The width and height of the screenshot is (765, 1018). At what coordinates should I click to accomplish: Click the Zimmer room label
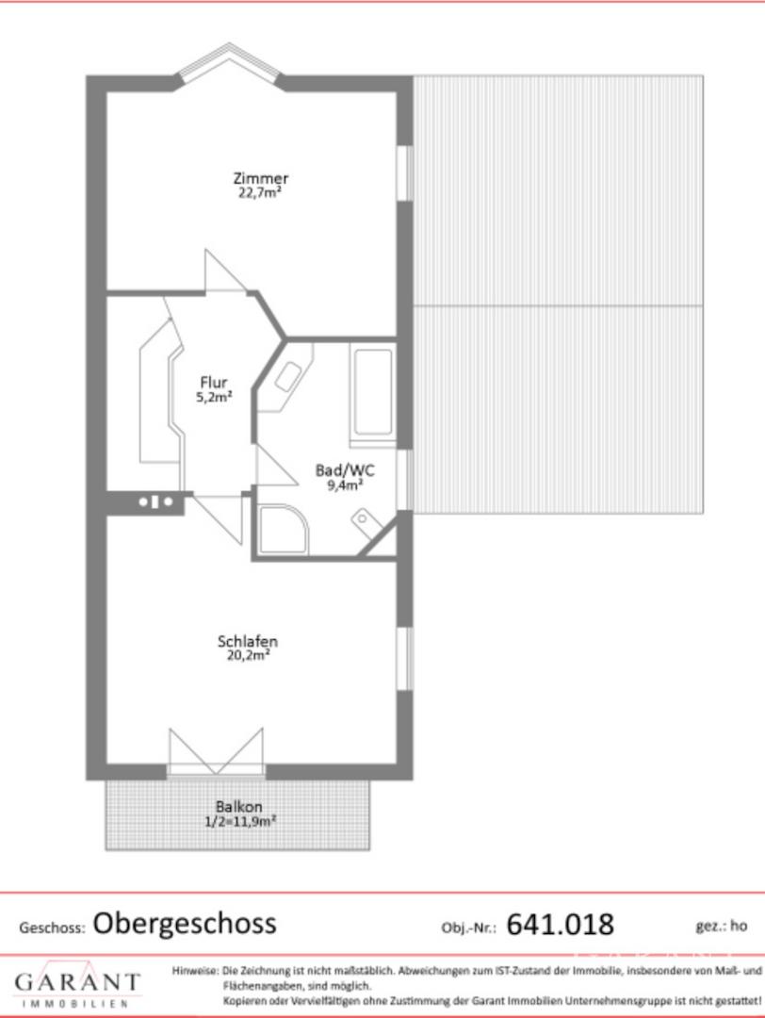pyautogui.click(x=260, y=177)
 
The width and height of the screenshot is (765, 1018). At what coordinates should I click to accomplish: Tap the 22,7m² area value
pyautogui.click(x=259, y=193)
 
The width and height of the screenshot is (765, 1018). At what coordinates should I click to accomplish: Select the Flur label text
pyautogui.click(x=214, y=382)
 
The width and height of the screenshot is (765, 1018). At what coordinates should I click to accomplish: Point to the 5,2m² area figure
pyautogui.click(x=214, y=397)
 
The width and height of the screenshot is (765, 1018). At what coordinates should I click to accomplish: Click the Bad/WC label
pyautogui.click(x=345, y=470)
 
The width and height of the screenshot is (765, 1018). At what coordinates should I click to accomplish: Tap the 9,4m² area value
pyautogui.click(x=345, y=485)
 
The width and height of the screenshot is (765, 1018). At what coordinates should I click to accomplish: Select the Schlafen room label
pyautogui.click(x=247, y=641)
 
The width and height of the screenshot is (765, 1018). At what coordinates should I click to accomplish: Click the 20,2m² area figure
pyautogui.click(x=248, y=655)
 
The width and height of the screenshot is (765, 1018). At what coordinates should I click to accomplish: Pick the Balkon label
pyautogui.click(x=238, y=806)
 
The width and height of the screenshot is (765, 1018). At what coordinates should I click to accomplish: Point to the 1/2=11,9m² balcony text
pyautogui.click(x=241, y=821)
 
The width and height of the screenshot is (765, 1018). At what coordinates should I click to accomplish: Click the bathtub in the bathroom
pyautogui.click(x=372, y=394)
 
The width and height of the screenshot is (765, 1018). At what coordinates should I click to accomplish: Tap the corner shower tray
pyautogui.click(x=283, y=529)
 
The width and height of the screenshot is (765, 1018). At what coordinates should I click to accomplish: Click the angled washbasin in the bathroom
pyautogui.click(x=286, y=377)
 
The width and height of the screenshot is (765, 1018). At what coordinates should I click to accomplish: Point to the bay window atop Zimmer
pyautogui.click(x=229, y=64)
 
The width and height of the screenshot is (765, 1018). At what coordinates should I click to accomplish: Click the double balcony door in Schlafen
pyautogui.click(x=216, y=753)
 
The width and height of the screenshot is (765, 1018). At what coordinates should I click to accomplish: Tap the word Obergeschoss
pyautogui.click(x=185, y=923)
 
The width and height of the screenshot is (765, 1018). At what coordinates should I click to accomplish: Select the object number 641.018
pyautogui.click(x=560, y=924)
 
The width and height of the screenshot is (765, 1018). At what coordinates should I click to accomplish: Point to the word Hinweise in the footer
pyautogui.click(x=195, y=971)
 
